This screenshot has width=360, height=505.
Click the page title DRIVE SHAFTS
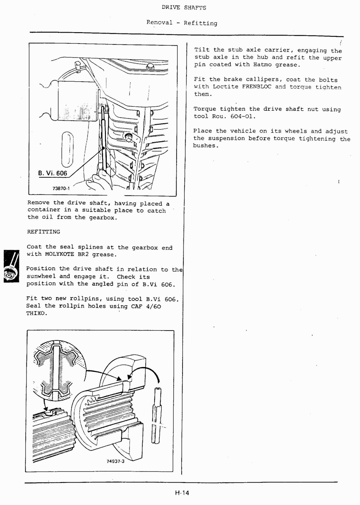[x=184, y=8]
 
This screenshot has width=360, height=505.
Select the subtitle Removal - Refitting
[x=182, y=23]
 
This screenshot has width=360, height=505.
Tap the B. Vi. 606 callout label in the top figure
[x=53, y=173]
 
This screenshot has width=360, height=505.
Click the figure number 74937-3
[x=115, y=461]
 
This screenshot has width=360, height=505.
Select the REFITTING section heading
[x=44, y=232]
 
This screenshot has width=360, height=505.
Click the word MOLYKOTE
[x=60, y=254]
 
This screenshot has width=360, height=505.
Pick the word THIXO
[x=37, y=314]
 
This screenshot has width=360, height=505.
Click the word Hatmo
[x=263, y=65]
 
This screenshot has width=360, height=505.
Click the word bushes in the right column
[x=205, y=146]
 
